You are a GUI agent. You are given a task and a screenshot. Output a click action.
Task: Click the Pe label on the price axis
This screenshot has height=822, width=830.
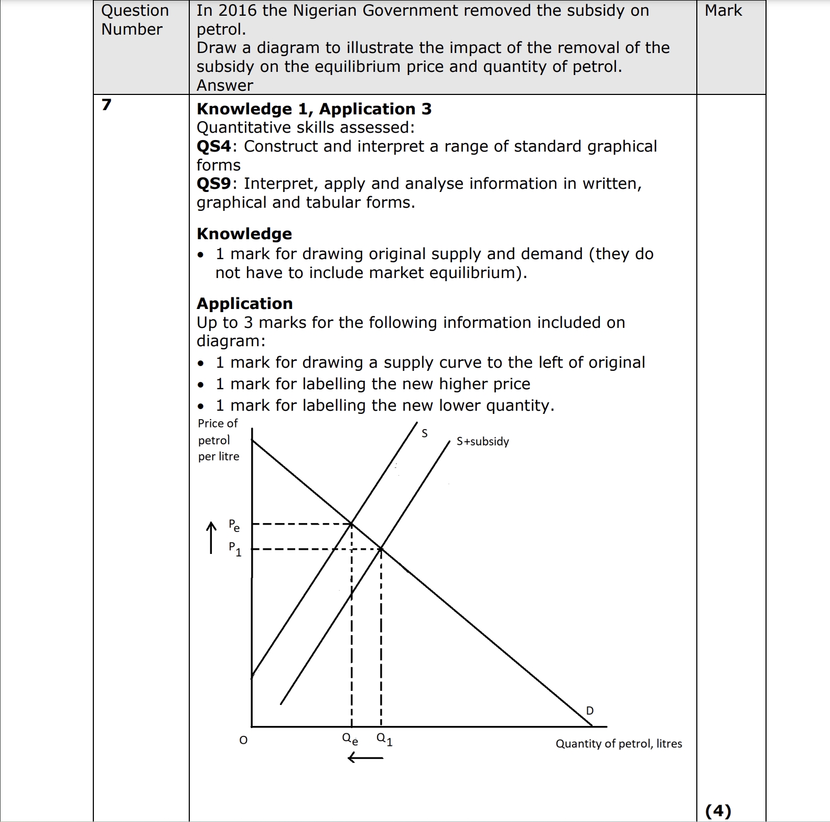pos(234,525)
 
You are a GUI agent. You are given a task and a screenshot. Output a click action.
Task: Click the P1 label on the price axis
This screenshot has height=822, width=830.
pos(235,549)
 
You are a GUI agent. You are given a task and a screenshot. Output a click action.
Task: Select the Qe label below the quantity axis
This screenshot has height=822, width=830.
pos(350,739)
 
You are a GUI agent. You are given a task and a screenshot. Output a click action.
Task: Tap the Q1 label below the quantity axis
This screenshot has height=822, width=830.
pos(384,739)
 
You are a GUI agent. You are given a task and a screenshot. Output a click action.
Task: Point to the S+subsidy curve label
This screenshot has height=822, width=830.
pos(482,442)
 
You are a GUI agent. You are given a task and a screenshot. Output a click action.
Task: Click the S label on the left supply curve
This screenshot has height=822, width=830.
pos(425,433)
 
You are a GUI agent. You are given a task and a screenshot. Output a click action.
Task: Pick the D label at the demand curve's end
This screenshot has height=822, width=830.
pos(590,711)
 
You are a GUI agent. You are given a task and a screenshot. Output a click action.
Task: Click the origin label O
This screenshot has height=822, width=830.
pos(243,740)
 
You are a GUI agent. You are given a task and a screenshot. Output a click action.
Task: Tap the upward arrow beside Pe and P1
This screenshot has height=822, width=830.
pos(211,537)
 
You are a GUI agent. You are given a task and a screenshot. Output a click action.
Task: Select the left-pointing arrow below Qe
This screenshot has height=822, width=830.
pos(365,757)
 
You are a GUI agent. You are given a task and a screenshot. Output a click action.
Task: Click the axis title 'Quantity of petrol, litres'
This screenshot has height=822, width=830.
pos(619,744)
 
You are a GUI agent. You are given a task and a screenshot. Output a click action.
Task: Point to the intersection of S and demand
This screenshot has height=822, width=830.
pos(351,524)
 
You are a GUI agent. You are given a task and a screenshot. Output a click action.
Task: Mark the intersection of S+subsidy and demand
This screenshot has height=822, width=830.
pos(381,549)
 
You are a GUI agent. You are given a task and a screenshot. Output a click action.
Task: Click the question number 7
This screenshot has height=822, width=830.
pos(106,105)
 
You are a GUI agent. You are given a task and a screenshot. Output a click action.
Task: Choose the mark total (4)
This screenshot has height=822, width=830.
pos(718,811)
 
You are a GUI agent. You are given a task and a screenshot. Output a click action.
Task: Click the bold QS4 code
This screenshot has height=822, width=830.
pos(213,146)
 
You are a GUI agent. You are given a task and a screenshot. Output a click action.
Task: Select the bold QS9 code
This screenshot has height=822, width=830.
pos(213,184)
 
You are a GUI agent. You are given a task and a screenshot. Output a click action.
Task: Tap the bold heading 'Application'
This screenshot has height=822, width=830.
pos(244,304)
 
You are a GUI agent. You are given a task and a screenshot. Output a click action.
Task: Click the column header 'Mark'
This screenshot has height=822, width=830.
pos(723,10)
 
